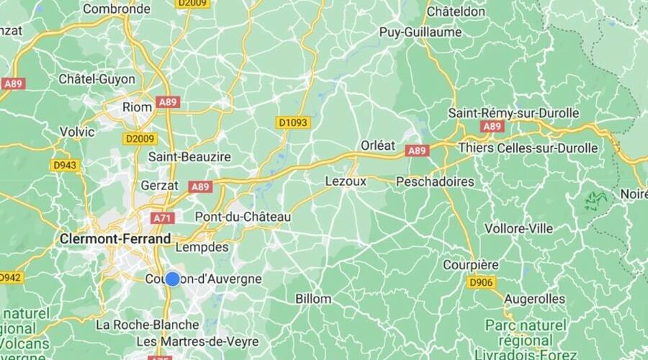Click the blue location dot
[173, 279]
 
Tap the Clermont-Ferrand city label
[116, 238]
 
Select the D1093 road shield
[292, 123]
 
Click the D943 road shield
[64, 165]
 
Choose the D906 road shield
[480, 282]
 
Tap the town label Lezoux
[346, 181]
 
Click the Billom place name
[313, 298]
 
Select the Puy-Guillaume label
[420, 32]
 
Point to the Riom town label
[137, 107]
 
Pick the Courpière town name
[470, 264]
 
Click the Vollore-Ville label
[519, 228]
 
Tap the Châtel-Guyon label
[92, 78]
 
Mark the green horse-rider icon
[595, 201]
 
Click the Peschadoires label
[435, 181]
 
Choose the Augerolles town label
[534, 298]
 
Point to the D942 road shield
[9, 277]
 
